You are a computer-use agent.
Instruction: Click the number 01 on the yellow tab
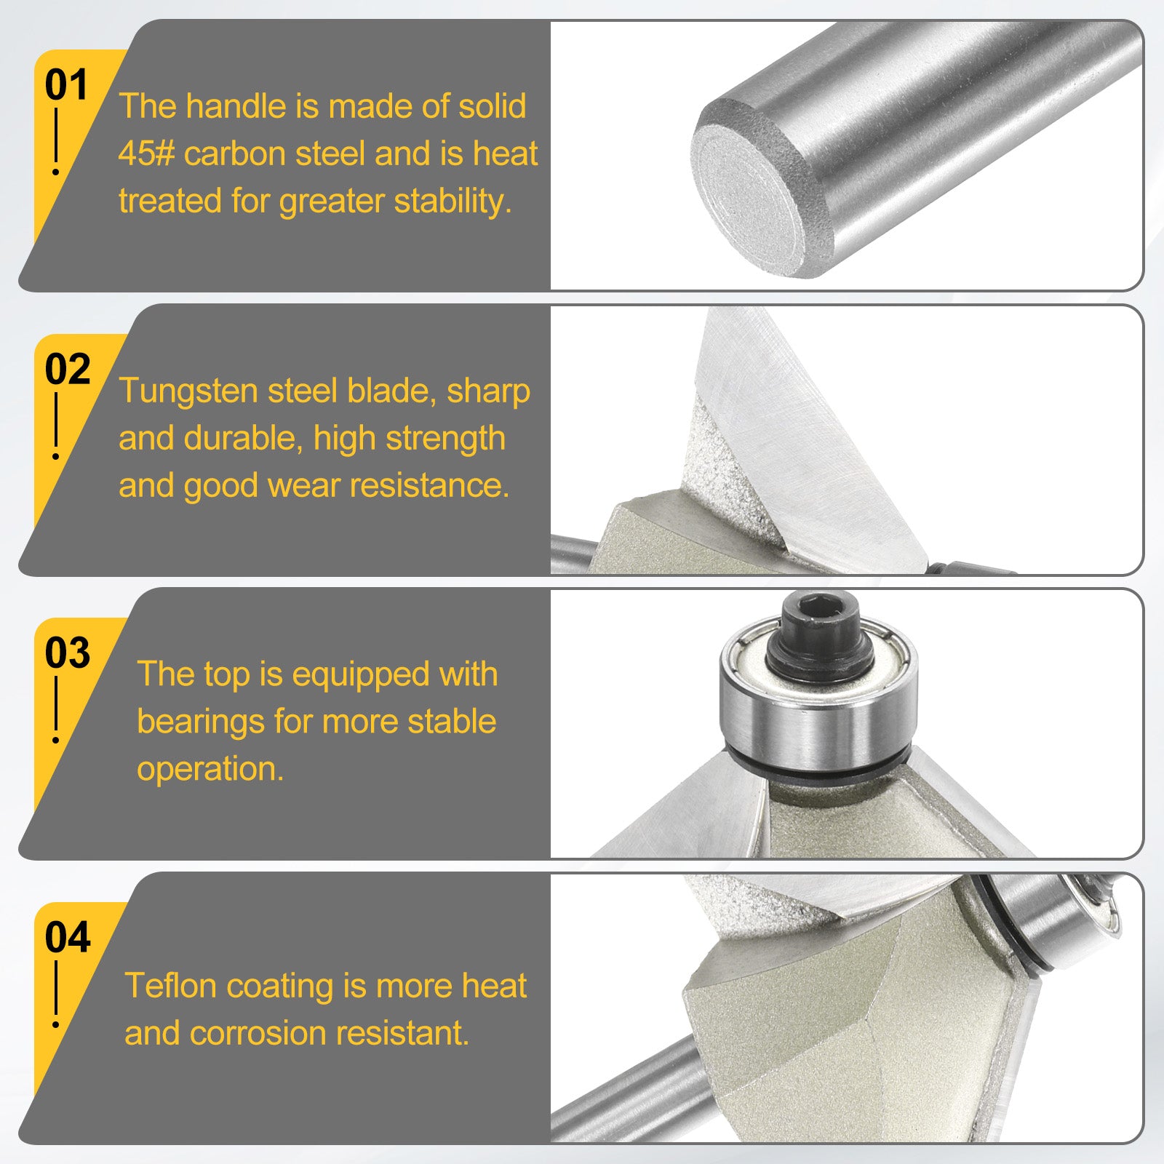coord(66,85)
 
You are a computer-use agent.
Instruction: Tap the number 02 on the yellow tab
coord(68,370)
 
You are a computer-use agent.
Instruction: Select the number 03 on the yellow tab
coord(68,653)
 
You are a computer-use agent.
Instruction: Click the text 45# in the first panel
coord(147,154)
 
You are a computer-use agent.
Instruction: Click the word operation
coord(210,770)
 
